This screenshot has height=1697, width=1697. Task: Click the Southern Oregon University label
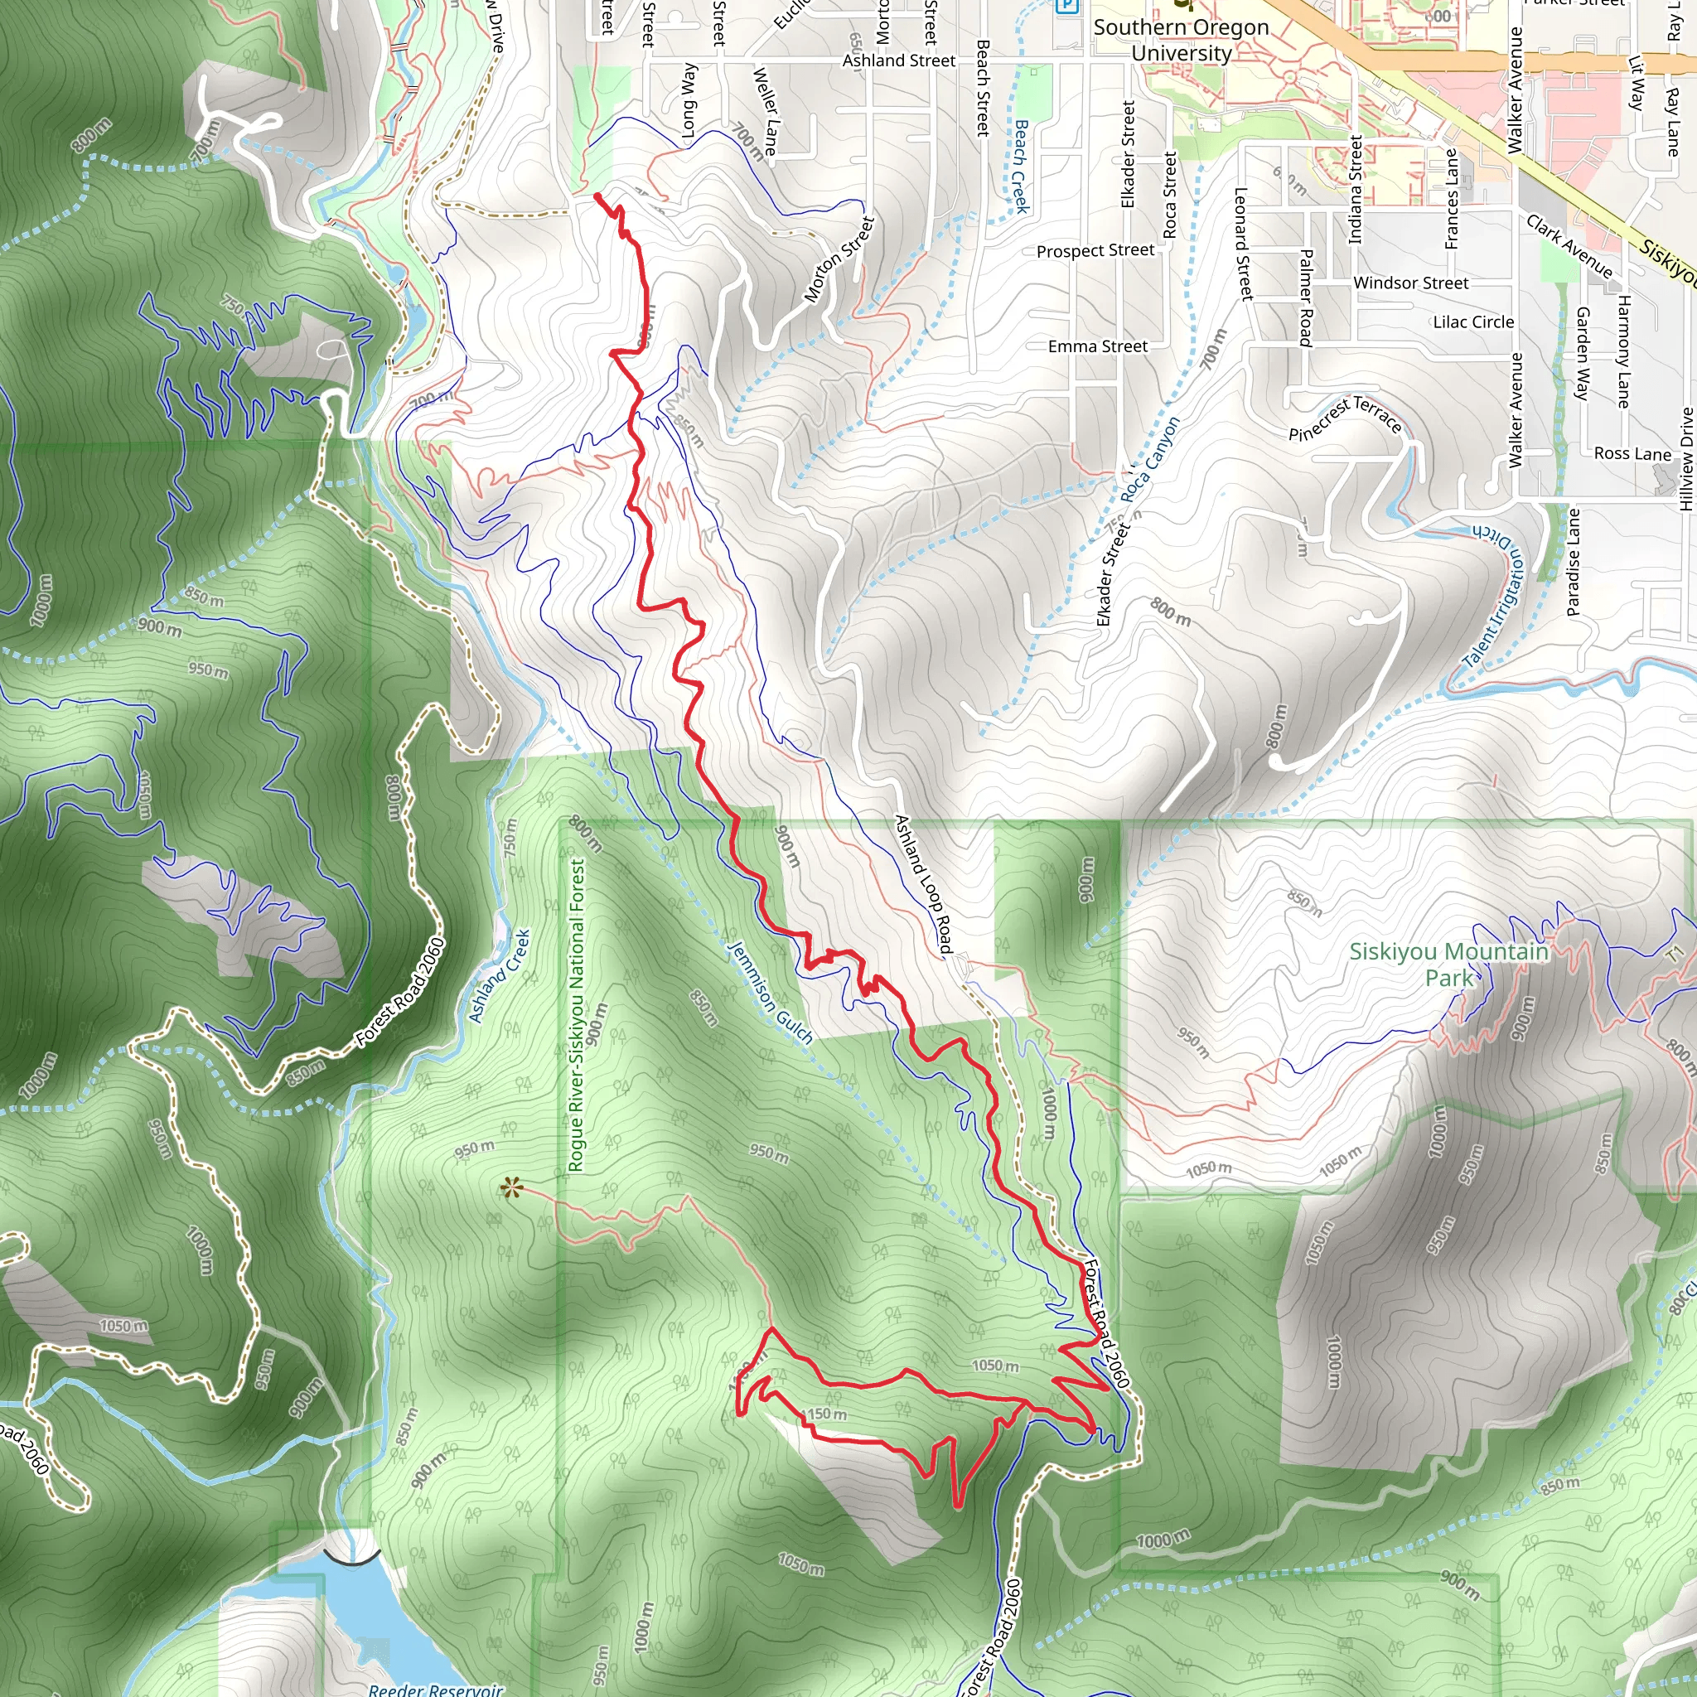[1182, 41]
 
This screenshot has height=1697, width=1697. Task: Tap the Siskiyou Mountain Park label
[1448, 965]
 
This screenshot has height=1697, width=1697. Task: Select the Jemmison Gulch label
[771, 993]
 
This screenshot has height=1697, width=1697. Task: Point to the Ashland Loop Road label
[923, 883]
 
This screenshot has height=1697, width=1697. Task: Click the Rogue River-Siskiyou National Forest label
[576, 1014]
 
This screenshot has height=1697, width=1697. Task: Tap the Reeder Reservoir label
[436, 1688]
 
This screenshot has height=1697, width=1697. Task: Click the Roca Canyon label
[1150, 458]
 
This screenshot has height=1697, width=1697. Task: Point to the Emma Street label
[1097, 347]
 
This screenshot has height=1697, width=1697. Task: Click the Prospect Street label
[1095, 251]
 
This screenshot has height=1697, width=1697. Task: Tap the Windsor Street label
[1410, 283]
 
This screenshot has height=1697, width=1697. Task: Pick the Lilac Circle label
[1473, 322]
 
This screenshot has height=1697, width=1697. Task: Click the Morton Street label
[839, 260]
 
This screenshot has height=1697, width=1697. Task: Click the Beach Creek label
[1020, 167]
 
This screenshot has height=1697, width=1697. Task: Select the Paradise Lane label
[1574, 562]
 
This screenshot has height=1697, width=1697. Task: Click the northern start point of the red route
[597, 195]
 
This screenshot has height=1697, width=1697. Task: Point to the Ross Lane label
[1632, 454]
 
